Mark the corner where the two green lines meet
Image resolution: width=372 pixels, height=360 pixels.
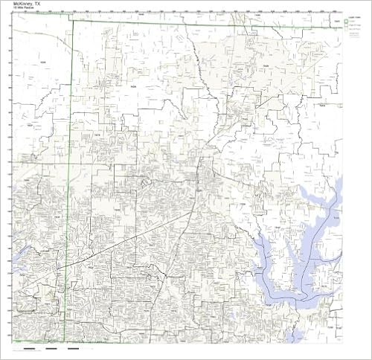pyautogui.click(x=73, y=21)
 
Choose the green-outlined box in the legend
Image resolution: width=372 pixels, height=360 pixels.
pyautogui.click(x=347, y=22)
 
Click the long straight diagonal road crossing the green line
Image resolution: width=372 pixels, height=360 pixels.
pyautogui.click(x=112, y=245)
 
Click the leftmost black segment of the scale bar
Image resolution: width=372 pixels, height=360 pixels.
pyautogui.click(x=30, y=347)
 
